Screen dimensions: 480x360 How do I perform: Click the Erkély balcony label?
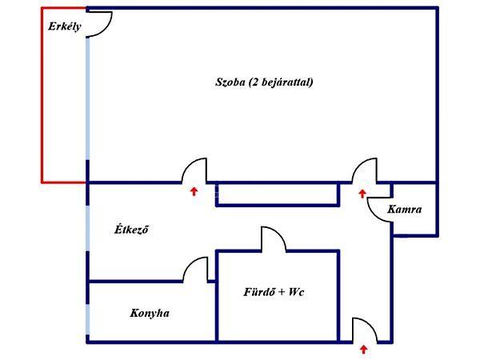pyautogui.click(x=65, y=26)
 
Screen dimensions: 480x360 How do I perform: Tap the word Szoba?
pyautogui.click(x=230, y=82)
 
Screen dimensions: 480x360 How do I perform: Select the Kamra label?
pyautogui.click(x=404, y=210)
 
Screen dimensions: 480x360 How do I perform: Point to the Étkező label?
pyautogui.click(x=131, y=229)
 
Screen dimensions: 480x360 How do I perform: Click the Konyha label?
pyautogui.click(x=150, y=313)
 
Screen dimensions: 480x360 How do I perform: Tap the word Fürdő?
pyautogui.click(x=258, y=292)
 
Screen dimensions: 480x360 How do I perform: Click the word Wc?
pyautogui.click(x=296, y=292)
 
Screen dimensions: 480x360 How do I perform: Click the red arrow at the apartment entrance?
pyautogui.click(x=364, y=350)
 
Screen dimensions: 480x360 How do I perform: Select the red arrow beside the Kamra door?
pyautogui.click(x=362, y=194)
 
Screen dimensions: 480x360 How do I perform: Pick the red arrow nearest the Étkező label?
pyautogui.click(x=194, y=192)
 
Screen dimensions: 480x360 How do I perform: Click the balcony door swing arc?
pyautogui.click(x=100, y=25)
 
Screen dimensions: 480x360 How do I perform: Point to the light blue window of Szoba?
pyautogui.click(x=88, y=98)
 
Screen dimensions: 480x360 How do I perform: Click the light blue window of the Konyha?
pyautogui.click(x=88, y=319)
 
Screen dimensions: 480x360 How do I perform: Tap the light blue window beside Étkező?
pyautogui.click(x=88, y=228)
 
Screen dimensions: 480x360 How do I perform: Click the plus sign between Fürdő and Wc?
pyautogui.click(x=281, y=292)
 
